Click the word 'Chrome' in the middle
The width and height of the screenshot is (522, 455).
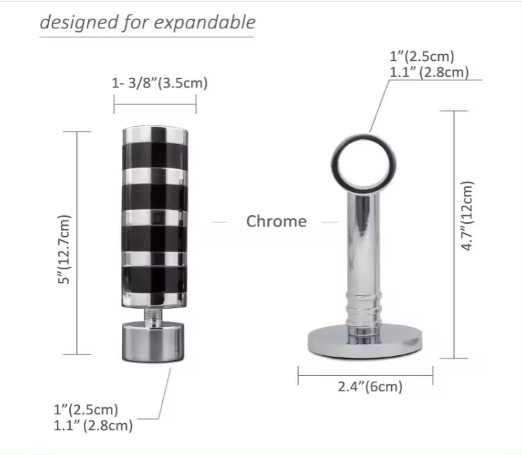[x=276, y=222]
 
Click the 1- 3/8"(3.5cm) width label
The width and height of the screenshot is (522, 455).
[x=159, y=84]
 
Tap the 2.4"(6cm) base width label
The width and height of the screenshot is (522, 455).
[x=369, y=388]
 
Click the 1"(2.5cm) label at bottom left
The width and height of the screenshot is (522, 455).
[x=86, y=410]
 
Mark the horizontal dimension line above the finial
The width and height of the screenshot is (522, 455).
[x=155, y=105]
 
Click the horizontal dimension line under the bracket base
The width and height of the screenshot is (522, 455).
[x=365, y=376]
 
